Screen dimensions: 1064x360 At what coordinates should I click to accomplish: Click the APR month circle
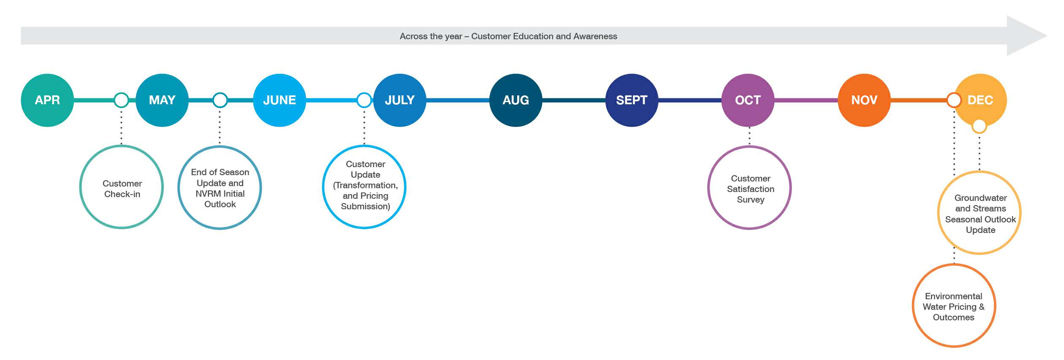coord(47,100)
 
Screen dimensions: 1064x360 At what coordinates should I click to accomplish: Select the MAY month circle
coord(162,100)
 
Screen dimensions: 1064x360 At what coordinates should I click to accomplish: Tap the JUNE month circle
coord(280,100)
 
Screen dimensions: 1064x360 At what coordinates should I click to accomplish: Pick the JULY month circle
coord(400,100)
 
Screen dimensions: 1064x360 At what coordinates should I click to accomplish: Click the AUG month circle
coord(516,100)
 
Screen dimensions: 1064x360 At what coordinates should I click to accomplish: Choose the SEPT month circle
coord(632,100)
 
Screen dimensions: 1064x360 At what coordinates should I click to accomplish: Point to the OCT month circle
coord(748,100)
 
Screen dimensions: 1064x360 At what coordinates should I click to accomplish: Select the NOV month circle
coord(864,100)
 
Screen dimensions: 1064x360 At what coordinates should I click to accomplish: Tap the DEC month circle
coord(980,100)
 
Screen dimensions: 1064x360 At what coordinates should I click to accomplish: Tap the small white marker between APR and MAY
coord(121,100)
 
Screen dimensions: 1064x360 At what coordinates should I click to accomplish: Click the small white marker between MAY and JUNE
coord(220,100)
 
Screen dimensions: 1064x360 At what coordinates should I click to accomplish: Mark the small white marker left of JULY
coord(364,100)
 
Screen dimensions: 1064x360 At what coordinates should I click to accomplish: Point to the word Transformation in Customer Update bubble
coord(366,185)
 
